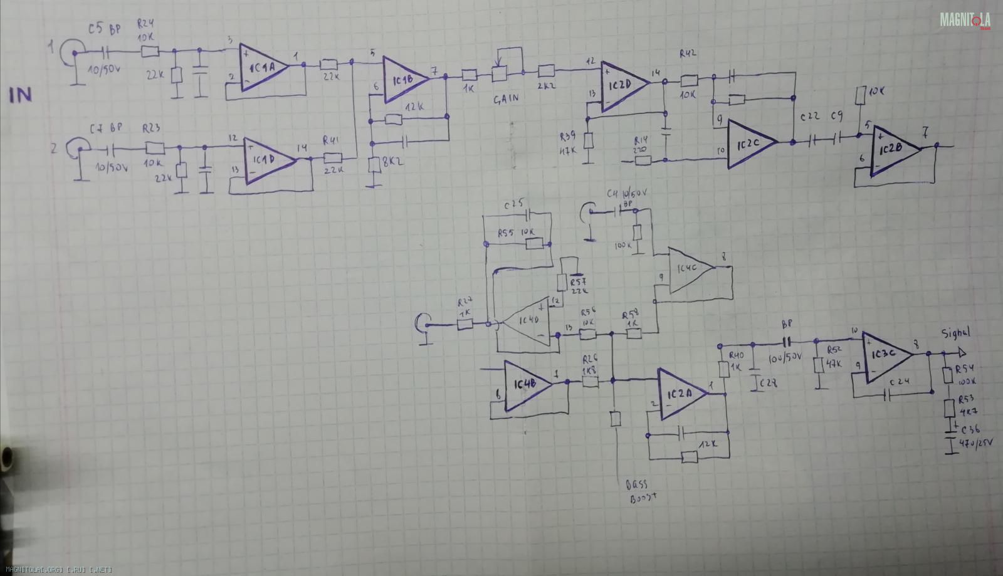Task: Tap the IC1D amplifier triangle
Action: click(266, 160)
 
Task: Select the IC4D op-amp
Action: click(527, 322)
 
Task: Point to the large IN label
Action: click(20, 95)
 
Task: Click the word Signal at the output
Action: click(955, 333)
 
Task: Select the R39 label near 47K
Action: click(569, 136)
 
